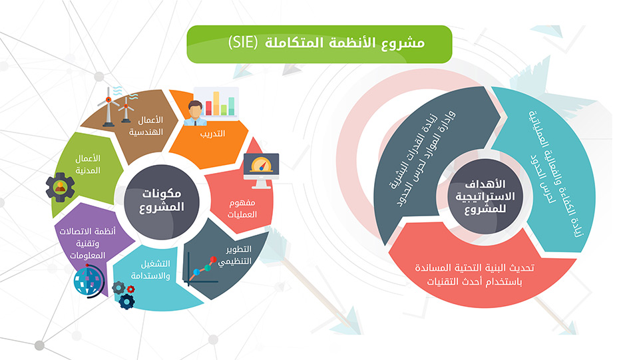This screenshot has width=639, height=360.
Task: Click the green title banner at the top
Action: pos(319,44)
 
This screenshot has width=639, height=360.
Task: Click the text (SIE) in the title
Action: pos(243,43)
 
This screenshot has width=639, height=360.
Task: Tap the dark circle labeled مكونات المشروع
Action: pos(161,202)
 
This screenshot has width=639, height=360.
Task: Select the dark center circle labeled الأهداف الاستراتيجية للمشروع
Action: pos(485,197)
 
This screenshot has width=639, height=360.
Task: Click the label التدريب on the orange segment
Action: pos(212,134)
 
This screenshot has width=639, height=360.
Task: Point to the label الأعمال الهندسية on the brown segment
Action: pos(146,126)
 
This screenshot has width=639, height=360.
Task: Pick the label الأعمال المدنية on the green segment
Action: pos(88,164)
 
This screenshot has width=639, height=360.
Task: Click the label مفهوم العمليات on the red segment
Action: pos(242,208)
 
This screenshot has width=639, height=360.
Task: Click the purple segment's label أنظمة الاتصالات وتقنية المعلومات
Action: pos(88,243)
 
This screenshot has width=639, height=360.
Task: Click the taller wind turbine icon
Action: pos(108,106)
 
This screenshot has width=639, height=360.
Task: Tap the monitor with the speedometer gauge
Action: pos(261,170)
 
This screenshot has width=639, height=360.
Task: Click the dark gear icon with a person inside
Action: pos(61,188)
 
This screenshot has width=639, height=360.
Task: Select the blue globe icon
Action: pos(89,281)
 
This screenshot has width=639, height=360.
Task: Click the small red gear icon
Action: pos(131,289)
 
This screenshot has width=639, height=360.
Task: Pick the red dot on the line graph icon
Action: pos(213,260)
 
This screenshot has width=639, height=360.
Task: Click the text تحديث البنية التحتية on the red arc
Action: pos(475,268)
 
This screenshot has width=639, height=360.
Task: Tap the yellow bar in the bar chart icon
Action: pos(216,103)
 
